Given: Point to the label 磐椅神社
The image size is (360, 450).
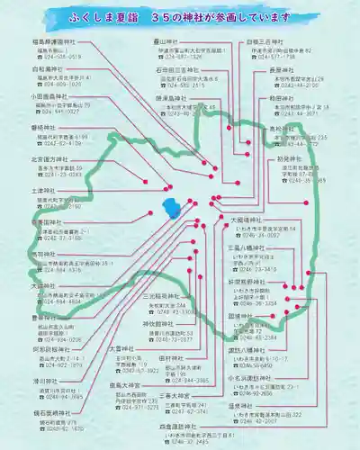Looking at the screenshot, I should [x=42, y=129].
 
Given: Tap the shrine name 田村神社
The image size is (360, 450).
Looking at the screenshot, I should [x=172, y=358].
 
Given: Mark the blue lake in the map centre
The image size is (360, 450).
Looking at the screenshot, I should [x=171, y=208].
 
